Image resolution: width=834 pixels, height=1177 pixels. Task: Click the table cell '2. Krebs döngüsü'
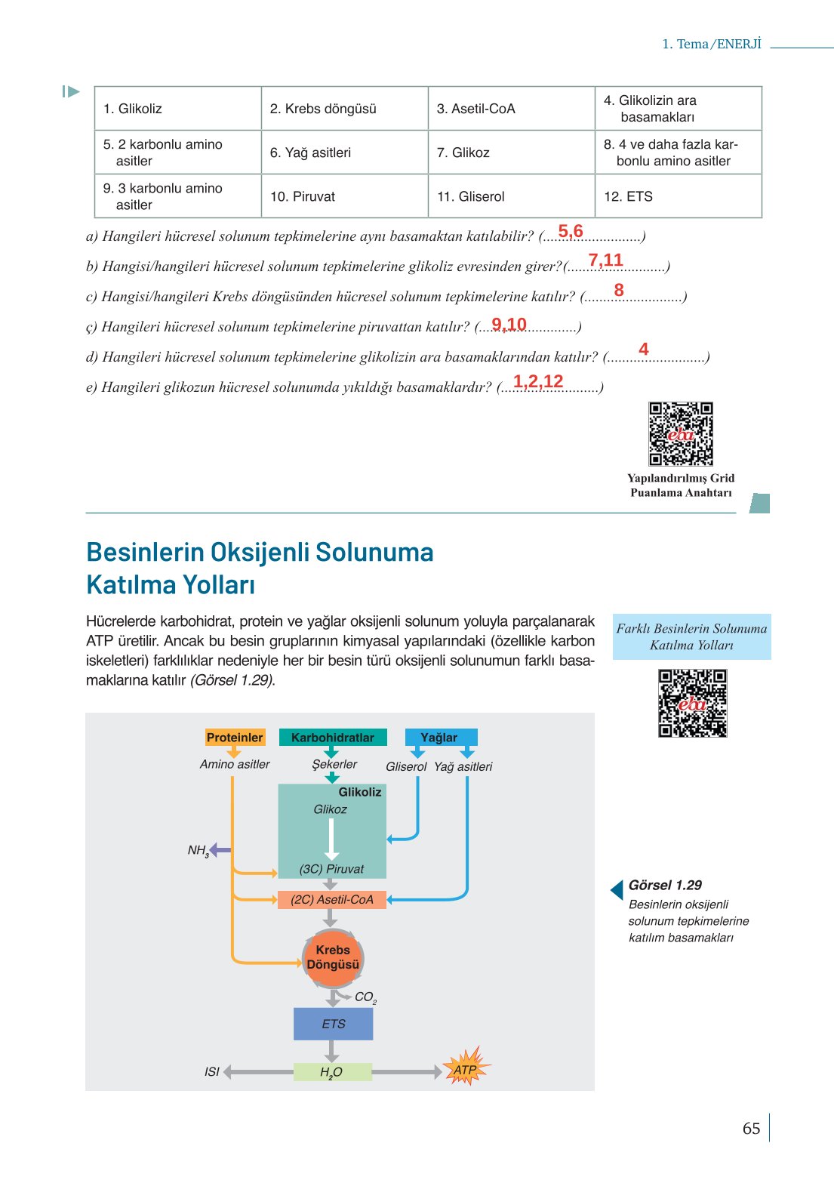pyautogui.click(x=344, y=109)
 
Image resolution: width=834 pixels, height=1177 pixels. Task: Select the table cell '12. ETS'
pyautogui.click(x=678, y=196)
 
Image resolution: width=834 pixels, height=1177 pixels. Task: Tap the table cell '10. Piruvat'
pyautogui.click(x=344, y=196)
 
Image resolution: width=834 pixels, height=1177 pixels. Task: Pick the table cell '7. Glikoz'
pyautogui.click(x=511, y=153)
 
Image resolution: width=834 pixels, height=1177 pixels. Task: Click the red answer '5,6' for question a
pyautogui.click(x=571, y=231)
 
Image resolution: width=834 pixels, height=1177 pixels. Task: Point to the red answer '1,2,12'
pyautogui.click(x=538, y=381)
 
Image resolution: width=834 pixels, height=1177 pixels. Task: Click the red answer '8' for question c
pyautogui.click(x=619, y=290)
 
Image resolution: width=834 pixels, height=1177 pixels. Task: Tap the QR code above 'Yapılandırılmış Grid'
pyautogui.click(x=681, y=433)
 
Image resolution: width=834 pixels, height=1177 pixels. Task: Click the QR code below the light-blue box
pyautogui.click(x=692, y=703)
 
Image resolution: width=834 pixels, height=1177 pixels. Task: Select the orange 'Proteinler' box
pyautogui.click(x=235, y=738)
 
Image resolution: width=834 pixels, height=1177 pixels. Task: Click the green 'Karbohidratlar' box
pyautogui.click(x=332, y=738)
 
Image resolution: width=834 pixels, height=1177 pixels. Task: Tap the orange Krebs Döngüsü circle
pyautogui.click(x=333, y=958)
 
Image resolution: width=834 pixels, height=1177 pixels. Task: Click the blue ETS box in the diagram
pyautogui.click(x=333, y=1024)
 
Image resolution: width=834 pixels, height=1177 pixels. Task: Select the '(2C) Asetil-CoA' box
pyautogui.click(x=332, y=899)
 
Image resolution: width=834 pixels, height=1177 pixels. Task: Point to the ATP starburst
pyautogui.click(x=466, y=1069)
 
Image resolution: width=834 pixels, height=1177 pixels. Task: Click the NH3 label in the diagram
pyautogui.click(x=198, y=851)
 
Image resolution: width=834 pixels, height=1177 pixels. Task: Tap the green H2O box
pyautogui.click(x=332, y=1072)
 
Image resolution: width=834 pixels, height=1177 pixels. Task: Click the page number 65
pyautogui.click(x=751, y=1128)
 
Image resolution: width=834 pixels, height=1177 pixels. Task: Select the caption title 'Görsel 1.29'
pyautogui.click(x=665, y=885)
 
